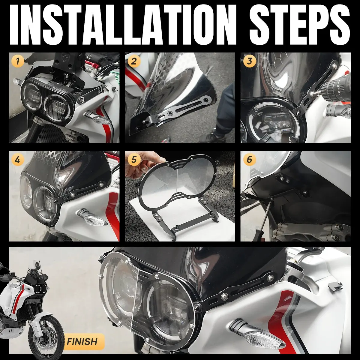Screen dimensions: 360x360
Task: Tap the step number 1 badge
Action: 18,61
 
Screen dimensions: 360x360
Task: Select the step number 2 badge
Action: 133,61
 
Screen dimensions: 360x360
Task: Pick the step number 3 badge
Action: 249,61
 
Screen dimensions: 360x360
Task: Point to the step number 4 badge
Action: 18,160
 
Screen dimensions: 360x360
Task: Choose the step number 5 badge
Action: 133,160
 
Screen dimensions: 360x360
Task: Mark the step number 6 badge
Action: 249,160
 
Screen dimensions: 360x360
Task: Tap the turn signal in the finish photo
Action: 258,321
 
